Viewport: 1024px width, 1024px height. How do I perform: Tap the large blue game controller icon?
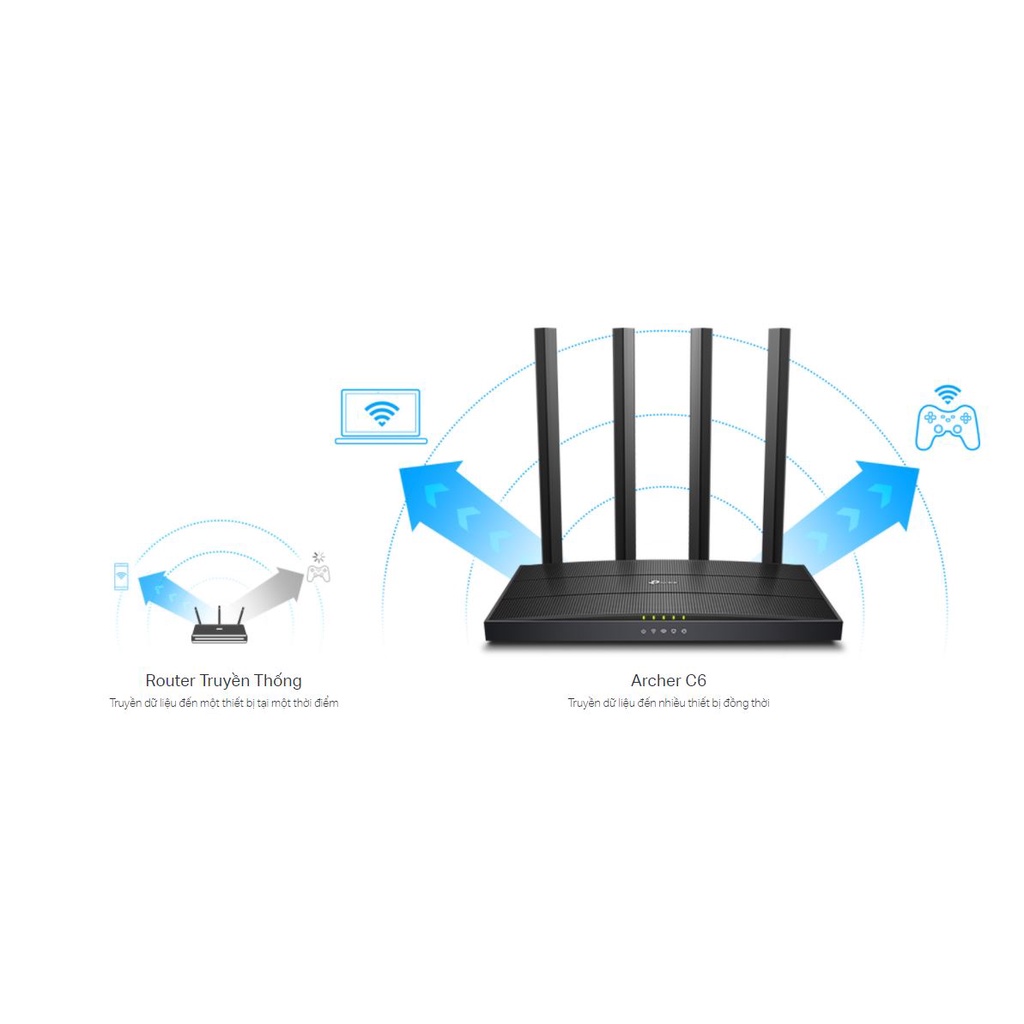pyautogui.click(x=947, y=428)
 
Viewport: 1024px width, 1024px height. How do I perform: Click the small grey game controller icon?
pyautogui.click(x=318, y=573)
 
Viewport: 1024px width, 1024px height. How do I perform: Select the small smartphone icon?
pyautogui.click(x=121, y=577)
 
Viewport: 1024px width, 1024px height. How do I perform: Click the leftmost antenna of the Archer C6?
pyautogui.click(x=548, y=445)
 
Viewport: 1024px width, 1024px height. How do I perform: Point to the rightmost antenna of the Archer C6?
pyautogui.click(x=776, y=445)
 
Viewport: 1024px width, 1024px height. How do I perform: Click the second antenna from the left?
pyautogui.click(x=624, y=444)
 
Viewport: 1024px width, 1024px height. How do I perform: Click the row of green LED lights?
pyautogui.click(x=664, y=617)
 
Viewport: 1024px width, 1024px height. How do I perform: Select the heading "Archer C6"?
pyautogui.click(x=668, y=680)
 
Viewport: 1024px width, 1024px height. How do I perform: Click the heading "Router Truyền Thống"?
pyautogui.click(x=223, y=680)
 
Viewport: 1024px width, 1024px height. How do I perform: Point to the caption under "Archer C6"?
pyautogui.click(x=668, y=703)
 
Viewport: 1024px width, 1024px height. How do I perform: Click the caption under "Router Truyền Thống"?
pyautogui.click(x=223, y=703)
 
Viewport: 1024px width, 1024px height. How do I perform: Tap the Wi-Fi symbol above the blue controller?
pyautogui.click(x=947, y=394)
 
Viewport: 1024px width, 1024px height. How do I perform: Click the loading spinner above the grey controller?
pyautogui.click(x=318, y=557)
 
